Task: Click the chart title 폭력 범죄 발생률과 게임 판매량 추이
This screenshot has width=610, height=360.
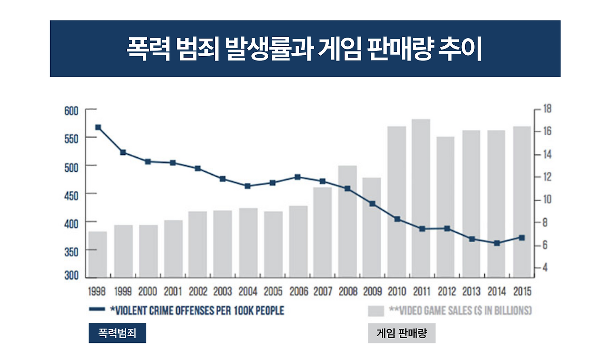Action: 305,49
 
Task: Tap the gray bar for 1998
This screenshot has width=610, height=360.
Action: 98,254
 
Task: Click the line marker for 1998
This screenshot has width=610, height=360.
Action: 98,127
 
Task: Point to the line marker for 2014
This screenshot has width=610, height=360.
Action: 497,243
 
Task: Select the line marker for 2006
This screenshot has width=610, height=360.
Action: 298,177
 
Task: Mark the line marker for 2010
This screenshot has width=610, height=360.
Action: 397,219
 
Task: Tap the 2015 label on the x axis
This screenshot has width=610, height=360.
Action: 521,291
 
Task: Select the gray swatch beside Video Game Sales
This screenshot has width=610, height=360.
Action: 376,311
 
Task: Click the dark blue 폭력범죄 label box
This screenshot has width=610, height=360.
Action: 117,333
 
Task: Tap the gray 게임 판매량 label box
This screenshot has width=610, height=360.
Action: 401,333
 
